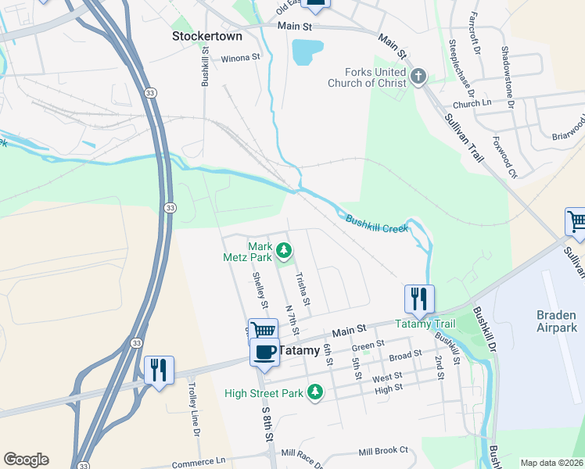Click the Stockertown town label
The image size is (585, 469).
206,36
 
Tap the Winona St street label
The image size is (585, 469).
240,58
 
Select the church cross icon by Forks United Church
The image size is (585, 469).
419,76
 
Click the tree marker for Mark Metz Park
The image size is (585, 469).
285,251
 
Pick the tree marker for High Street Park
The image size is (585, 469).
314,391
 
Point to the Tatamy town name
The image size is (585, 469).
300,351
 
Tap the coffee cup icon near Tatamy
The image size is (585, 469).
265,353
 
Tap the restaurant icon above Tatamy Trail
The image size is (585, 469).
419,298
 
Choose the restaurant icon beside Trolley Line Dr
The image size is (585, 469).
159,370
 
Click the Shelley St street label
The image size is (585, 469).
260,289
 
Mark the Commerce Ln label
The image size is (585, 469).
199,463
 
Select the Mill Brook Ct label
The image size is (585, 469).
383,451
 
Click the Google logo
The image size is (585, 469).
26,460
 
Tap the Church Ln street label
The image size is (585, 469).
472,103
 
